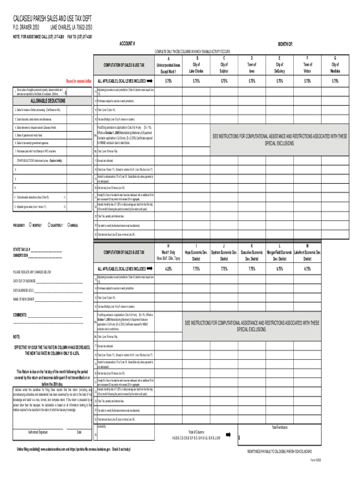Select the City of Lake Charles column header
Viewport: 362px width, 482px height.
pyautogui.click(x=196, y=67)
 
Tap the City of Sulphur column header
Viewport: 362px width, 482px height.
pyautogui.click(x=224, y=67)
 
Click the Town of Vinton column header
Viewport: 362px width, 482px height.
pyautogui.click(x=307, y=67)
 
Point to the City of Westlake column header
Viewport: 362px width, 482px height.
pyautogui.click(x=335, y=67)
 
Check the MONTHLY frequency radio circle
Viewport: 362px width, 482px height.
pyautogui.click(x=30, y=225)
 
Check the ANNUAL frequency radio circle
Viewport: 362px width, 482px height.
pyautogui.click(x=69, y=225)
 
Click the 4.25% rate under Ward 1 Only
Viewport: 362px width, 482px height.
pyautogui.click(x=168, y=269)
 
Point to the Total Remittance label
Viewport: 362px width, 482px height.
pyautogui.click(x=282, y=427)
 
